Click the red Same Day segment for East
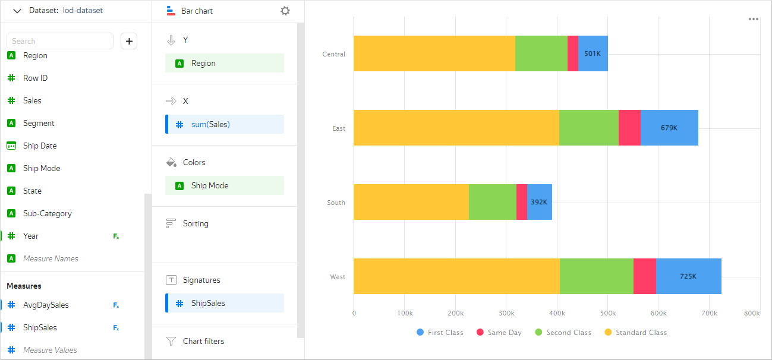[x=629, y=128]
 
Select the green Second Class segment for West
[x=596, y=276]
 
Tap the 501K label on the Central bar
[x=593, y=53]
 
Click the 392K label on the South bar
[x=539, y=202]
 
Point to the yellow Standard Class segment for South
[x=411, y=202]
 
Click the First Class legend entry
[x=440, y=333]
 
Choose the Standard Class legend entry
[x=636, y=333]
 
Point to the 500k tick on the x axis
[x=607, y=313]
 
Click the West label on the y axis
[x=338, y=277]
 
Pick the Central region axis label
[x=333, y=54]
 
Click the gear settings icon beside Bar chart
[x=285, y=11]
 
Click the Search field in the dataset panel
[x=59, y=41]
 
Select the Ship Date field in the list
[x=40, y=146]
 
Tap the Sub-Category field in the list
[x=47, y=213]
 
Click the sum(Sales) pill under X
[x=225, y=124]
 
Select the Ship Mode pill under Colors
[x=225, y=185]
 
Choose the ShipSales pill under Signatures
[x=225, y=303]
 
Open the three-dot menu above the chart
[x=754, y=19]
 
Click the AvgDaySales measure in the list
[x=46, y=305]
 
